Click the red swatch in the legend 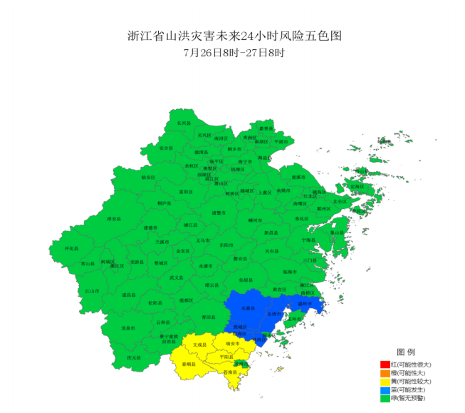(385, 365)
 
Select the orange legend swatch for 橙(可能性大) (385, 374)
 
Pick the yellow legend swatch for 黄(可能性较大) (385, 382)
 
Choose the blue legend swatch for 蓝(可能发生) (385, 391)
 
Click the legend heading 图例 (405, 353)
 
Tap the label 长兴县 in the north (184, 123)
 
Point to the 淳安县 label (113, 219)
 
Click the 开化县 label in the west (71, 248)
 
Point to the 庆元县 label (134, 357)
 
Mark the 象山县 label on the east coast (337, 231)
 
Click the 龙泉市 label (129, 328)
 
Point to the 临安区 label (148, 177)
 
